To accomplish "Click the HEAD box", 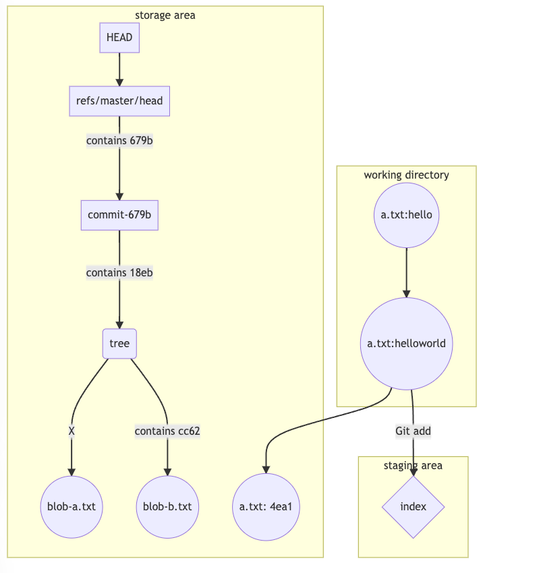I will [119, 38].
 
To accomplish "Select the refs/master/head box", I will [119, 101].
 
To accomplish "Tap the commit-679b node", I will [119, 215].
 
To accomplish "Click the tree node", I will [119, 344].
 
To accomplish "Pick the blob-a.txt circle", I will [72, 506].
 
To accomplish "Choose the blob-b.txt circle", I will [167, 506].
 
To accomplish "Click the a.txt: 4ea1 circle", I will [266, 506].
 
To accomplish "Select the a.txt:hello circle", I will [406, 215].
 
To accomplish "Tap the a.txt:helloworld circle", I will [406, 344].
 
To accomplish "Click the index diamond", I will [413, 506].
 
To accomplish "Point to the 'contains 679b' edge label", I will [119, 141].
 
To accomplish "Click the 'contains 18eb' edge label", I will [119, 272].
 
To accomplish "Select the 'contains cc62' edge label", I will [167, 431].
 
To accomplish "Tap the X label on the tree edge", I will [72, 431].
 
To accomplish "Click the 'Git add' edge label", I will [413, 431].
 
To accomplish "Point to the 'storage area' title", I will [165, 15].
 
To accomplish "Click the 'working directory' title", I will [406, 175].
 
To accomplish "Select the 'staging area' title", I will [413, 465].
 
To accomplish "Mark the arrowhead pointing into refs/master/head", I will [119, 82].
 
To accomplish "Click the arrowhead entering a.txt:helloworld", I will [406, 293].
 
